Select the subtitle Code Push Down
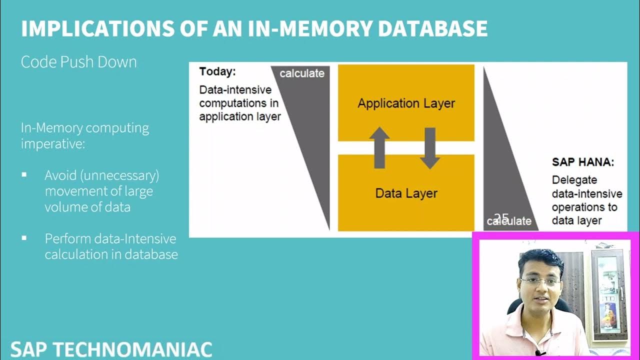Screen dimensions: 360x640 pyautogui.click(x=78, y=62)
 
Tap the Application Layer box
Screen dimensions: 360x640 pyautogui.click(x=406, y=103)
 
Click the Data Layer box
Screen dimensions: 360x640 pyautogui.click(x=406, y=193)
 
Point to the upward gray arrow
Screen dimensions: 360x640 pyautogui.click(x=379, y=147)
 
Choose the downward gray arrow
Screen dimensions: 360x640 pyautogui.click(x=429, y=148)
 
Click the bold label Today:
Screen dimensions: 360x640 pyautogui.click(x=217, y=71)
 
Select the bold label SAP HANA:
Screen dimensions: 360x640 pyautogui.click(x=582, y=162)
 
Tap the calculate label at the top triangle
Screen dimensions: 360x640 pyautogui.click(x=301, y=73)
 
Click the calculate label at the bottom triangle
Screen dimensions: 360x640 pyautogui.click(x=509, y=221)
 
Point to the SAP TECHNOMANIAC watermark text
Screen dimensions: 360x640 pyautogui.click(x=111, y=349)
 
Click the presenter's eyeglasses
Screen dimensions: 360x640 pyautogui.click(x=540, y=282)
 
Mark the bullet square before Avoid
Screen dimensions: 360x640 pyautogui.click(x=24, y=175)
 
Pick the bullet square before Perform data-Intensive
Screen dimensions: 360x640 pyautogui.click(x=24, y=238)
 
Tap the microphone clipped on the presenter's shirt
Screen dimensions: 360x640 pyautogui.click(x=539, y=353)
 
